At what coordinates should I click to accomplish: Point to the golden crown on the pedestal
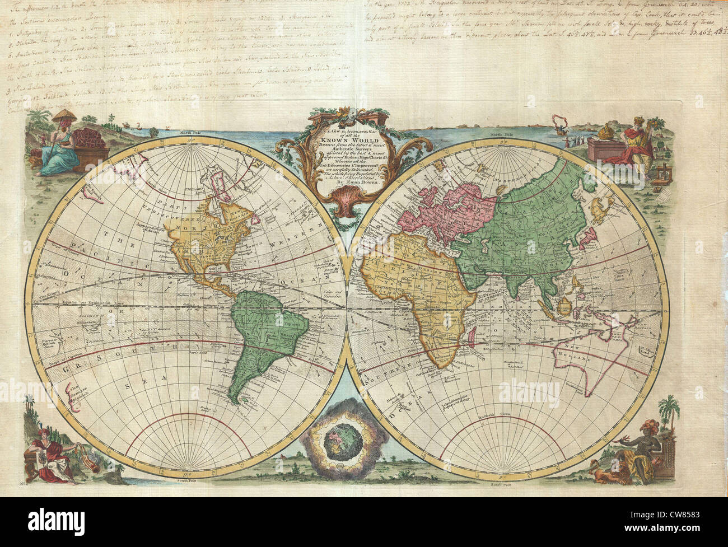[605, 130]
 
